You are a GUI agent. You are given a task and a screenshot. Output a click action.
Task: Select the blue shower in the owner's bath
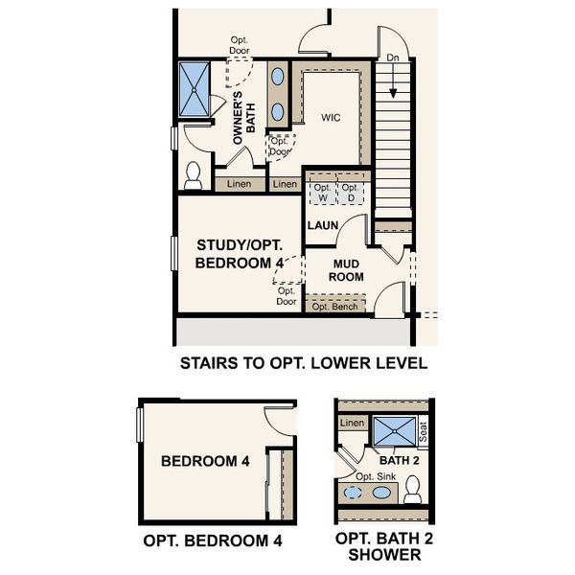tap(195, 90)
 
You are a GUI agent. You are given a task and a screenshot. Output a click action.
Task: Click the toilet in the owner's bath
tap(194, 175)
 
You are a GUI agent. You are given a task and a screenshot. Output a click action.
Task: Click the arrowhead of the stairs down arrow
tap(391, 95)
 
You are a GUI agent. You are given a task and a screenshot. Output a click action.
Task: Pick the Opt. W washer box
tap(322, 193)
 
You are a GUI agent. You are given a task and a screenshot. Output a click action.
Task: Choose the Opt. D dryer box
tap(352, 193)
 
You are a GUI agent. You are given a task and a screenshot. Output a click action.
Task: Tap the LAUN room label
tap(321, 226)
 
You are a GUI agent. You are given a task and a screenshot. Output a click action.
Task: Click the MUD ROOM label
tap(347, 269)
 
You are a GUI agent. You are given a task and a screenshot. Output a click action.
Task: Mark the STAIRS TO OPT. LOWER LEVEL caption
tap(303, 364)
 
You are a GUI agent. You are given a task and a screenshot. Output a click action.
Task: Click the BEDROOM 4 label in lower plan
tap(205, 461)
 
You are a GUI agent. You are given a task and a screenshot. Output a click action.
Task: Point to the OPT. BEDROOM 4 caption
tap(213, 540)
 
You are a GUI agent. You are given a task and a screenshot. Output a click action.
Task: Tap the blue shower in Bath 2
tap(394, 431)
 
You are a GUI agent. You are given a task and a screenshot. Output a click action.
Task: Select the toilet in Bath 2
tap(413, 490)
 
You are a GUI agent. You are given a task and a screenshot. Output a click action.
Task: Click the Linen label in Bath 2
tap(353, 423)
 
